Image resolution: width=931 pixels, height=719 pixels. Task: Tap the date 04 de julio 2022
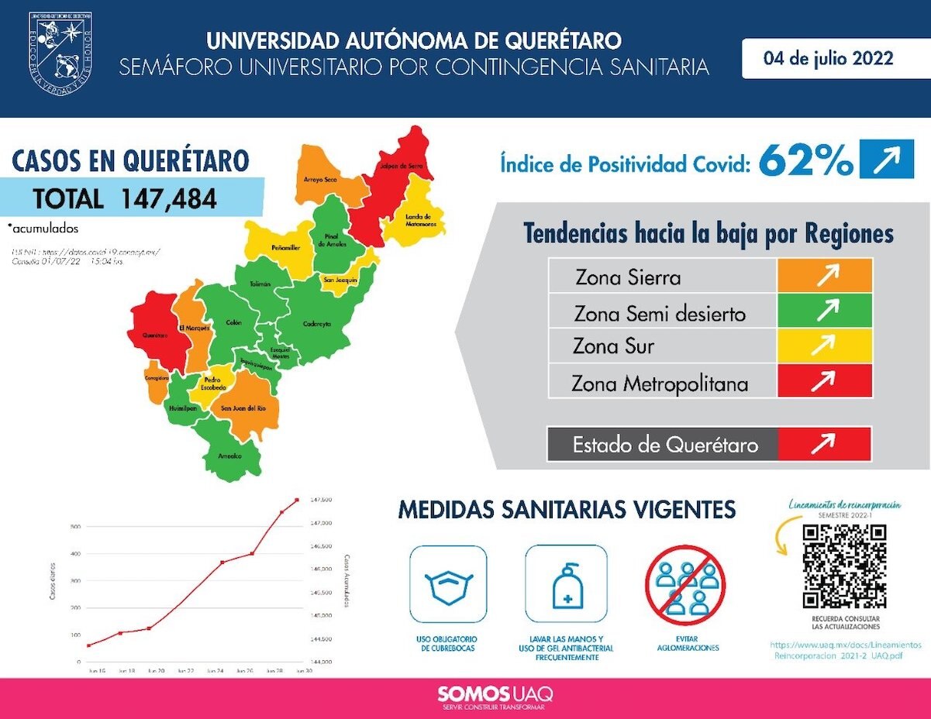click(828, 59)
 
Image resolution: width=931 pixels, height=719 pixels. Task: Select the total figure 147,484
click(168, 198)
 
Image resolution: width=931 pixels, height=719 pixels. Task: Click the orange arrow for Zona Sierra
click(825, 276)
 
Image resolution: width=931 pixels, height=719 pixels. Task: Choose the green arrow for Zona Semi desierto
click(825, 311)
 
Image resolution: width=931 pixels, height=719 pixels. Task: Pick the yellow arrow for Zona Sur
click(825, 346)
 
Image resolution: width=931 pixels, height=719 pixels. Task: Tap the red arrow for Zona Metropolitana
click(825, 380)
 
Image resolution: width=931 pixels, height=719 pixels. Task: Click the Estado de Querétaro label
click(664, 445)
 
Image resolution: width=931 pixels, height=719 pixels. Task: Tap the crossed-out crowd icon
click(686, 586)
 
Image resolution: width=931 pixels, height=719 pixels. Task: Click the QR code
click(844, 566)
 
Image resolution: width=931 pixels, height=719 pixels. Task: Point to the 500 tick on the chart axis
click(75, 527)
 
